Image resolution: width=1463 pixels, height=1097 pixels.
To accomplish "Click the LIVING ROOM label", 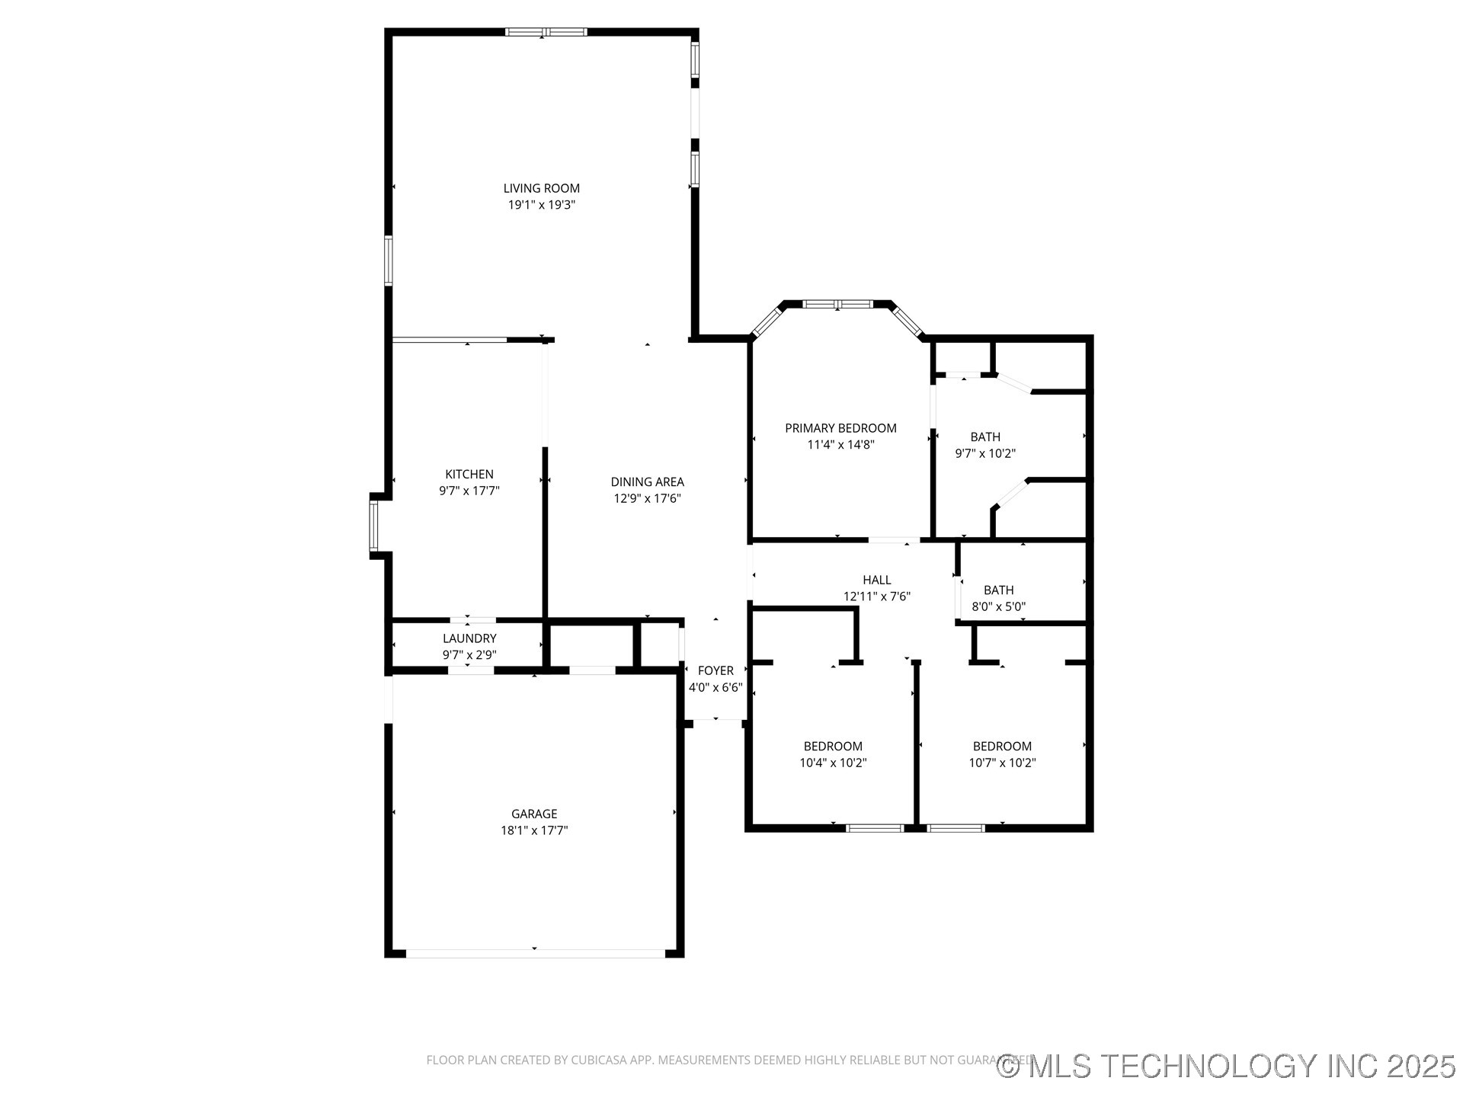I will point(541,188).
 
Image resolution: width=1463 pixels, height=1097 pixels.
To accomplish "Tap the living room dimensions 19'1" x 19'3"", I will point(541,205).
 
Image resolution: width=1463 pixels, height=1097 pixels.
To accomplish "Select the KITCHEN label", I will point(469,474).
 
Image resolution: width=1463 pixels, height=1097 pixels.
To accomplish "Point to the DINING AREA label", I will point(647,481).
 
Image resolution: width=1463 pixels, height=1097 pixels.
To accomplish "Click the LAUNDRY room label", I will point(469,638).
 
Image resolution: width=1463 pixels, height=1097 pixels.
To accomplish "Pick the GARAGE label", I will point(534,814).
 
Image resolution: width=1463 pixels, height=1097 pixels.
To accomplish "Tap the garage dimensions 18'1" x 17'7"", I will point(534,830).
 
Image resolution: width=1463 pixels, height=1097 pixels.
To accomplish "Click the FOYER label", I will point(715,670).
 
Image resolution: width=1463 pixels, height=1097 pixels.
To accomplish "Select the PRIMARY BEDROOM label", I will point(840,428).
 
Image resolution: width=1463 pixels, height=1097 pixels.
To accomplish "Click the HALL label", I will point(876,580).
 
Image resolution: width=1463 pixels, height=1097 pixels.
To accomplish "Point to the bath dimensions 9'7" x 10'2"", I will point(985,453).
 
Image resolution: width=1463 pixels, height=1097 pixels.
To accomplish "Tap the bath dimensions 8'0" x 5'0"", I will point(998,607).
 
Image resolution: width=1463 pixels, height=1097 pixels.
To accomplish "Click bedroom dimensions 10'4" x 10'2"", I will point(833,763).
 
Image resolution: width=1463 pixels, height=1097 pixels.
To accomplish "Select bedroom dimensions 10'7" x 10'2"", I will point(1002,763).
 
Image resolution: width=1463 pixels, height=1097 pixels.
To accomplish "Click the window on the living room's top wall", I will point(546,32).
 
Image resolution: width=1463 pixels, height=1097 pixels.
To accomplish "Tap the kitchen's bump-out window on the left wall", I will point(373,526).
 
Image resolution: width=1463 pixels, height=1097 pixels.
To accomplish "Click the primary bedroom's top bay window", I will point(837,304).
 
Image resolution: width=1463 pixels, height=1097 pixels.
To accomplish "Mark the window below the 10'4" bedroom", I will point(875,827).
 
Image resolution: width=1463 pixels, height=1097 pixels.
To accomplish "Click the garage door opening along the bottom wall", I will point(535,953).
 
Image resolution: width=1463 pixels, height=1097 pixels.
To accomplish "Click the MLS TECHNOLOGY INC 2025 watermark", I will point(1226,1066).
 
